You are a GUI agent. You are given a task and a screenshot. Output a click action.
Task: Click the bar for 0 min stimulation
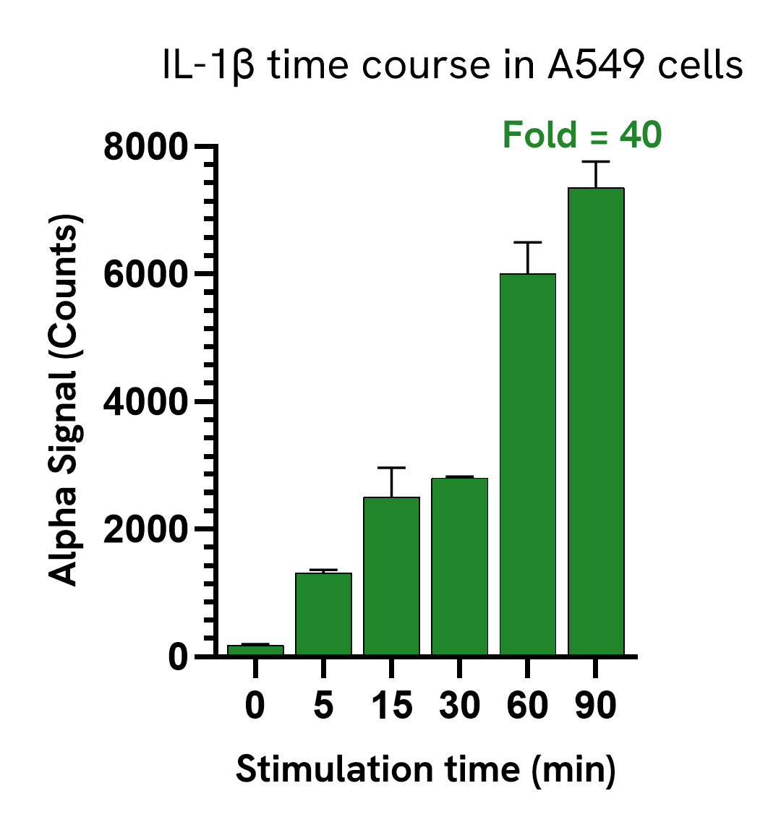[255, 650]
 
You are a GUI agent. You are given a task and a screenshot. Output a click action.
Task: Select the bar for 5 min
[323, 614]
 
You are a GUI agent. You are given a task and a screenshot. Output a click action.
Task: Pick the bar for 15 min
[391, 576]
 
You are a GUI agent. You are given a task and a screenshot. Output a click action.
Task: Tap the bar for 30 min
[460, 566]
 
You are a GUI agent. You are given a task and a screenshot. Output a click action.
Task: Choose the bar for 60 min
[528, 464]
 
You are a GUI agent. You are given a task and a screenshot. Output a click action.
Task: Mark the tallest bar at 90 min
[596, 422]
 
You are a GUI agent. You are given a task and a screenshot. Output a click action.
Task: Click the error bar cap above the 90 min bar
[596, 161]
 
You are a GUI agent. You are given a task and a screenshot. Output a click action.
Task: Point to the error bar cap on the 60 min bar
[528, 242]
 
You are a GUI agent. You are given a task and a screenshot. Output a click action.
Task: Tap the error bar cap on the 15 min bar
[391, 468]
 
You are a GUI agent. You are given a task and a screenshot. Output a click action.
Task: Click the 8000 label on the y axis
[145, 147]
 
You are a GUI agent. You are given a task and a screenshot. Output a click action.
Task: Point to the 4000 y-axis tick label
[145, 402]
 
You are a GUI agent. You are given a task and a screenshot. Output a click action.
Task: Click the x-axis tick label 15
[391, 706]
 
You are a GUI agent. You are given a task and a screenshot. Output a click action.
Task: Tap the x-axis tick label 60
[527, 706]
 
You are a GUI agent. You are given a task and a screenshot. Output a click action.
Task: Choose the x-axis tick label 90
[596, 706]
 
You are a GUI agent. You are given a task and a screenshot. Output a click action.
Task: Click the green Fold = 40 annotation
[582, 134]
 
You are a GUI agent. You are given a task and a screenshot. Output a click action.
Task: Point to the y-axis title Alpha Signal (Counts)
[64, 400]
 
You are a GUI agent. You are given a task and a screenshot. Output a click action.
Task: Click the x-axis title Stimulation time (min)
[426, 770]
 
